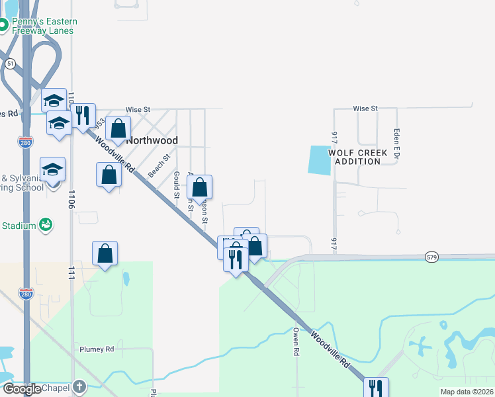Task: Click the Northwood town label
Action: (x=152, y=140)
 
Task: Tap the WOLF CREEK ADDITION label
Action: (x=361, y=157)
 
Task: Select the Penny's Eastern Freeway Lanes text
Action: (x=43, y=26)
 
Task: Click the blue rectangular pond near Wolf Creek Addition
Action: (x=320, y=159)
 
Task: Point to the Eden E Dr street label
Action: (x=396, y=142)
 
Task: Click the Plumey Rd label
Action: (x=97, y=349)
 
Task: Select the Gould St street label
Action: (x=177, y=185)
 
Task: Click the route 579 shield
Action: (x=432, y=256)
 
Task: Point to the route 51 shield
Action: (x=11, y=63)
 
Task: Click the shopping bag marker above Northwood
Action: (x=118, y=128)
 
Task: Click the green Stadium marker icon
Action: (x=46, y=226)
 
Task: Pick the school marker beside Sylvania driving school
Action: (x=53, y=169)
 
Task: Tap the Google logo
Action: (x=22, y=389)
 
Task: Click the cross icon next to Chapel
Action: (x=79, y=386)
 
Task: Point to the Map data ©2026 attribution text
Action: (x=466, y=392)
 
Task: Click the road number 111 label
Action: (x=69, y=273)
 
